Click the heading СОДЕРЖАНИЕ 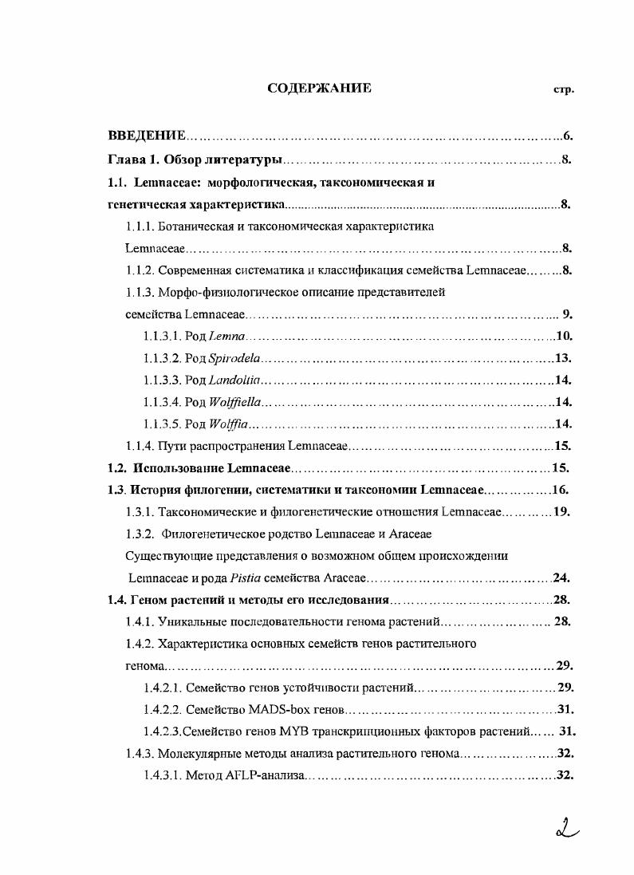coord(319,88)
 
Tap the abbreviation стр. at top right coord(563,89)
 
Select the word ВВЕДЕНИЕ coord(148,136)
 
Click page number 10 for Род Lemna coord(565,337)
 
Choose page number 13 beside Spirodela coord(564,358)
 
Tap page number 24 coord(563,577)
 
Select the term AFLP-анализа coord(267,775)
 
